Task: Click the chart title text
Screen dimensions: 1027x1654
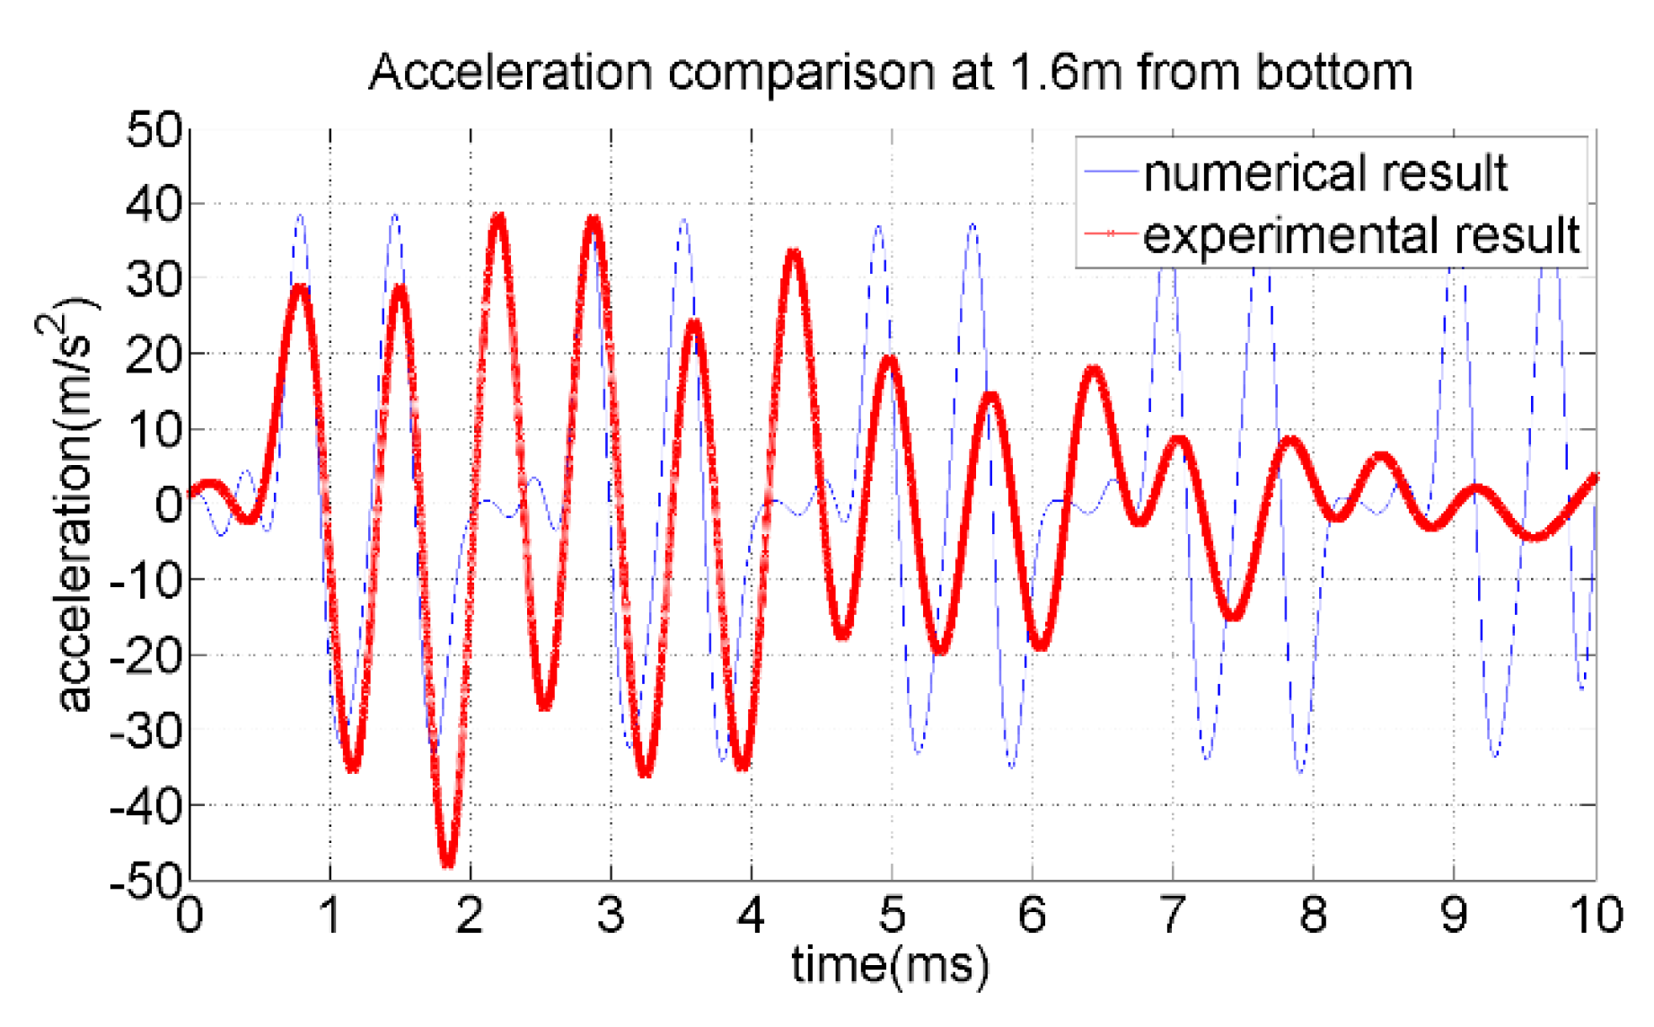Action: pos(890,72)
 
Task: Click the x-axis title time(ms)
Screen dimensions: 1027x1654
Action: pos(890,966)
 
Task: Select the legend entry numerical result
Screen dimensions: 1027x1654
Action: pos(1324,172)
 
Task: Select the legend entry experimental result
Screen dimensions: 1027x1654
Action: pos(1360,234)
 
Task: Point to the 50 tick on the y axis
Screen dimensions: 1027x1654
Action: pos(154,129)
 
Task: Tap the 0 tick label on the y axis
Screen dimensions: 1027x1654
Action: pos(168,505)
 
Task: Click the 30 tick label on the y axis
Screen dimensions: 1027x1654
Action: pos(154,280)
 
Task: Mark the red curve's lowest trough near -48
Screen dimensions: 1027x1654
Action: pos(448,863)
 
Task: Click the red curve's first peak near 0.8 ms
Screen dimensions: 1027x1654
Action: pos(300,287)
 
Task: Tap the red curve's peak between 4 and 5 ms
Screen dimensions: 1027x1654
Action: pos(794,253)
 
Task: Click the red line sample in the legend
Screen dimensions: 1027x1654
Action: pos(1111,234)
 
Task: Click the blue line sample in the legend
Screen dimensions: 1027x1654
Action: pos(1111,172)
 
